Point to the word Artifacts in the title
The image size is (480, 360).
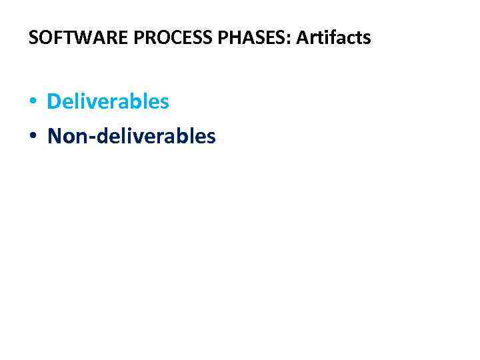[x=333, y=38]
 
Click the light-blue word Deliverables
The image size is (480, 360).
[x=108, y=102]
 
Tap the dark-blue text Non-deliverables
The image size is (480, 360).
[x=131, y=137]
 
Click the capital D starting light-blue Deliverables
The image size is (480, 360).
[x=54, y=102]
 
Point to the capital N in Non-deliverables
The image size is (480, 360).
[x=55, y=137]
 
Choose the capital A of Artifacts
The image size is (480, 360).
[x=302, y=38]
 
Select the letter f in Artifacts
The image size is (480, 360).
[x=329, y=38]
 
